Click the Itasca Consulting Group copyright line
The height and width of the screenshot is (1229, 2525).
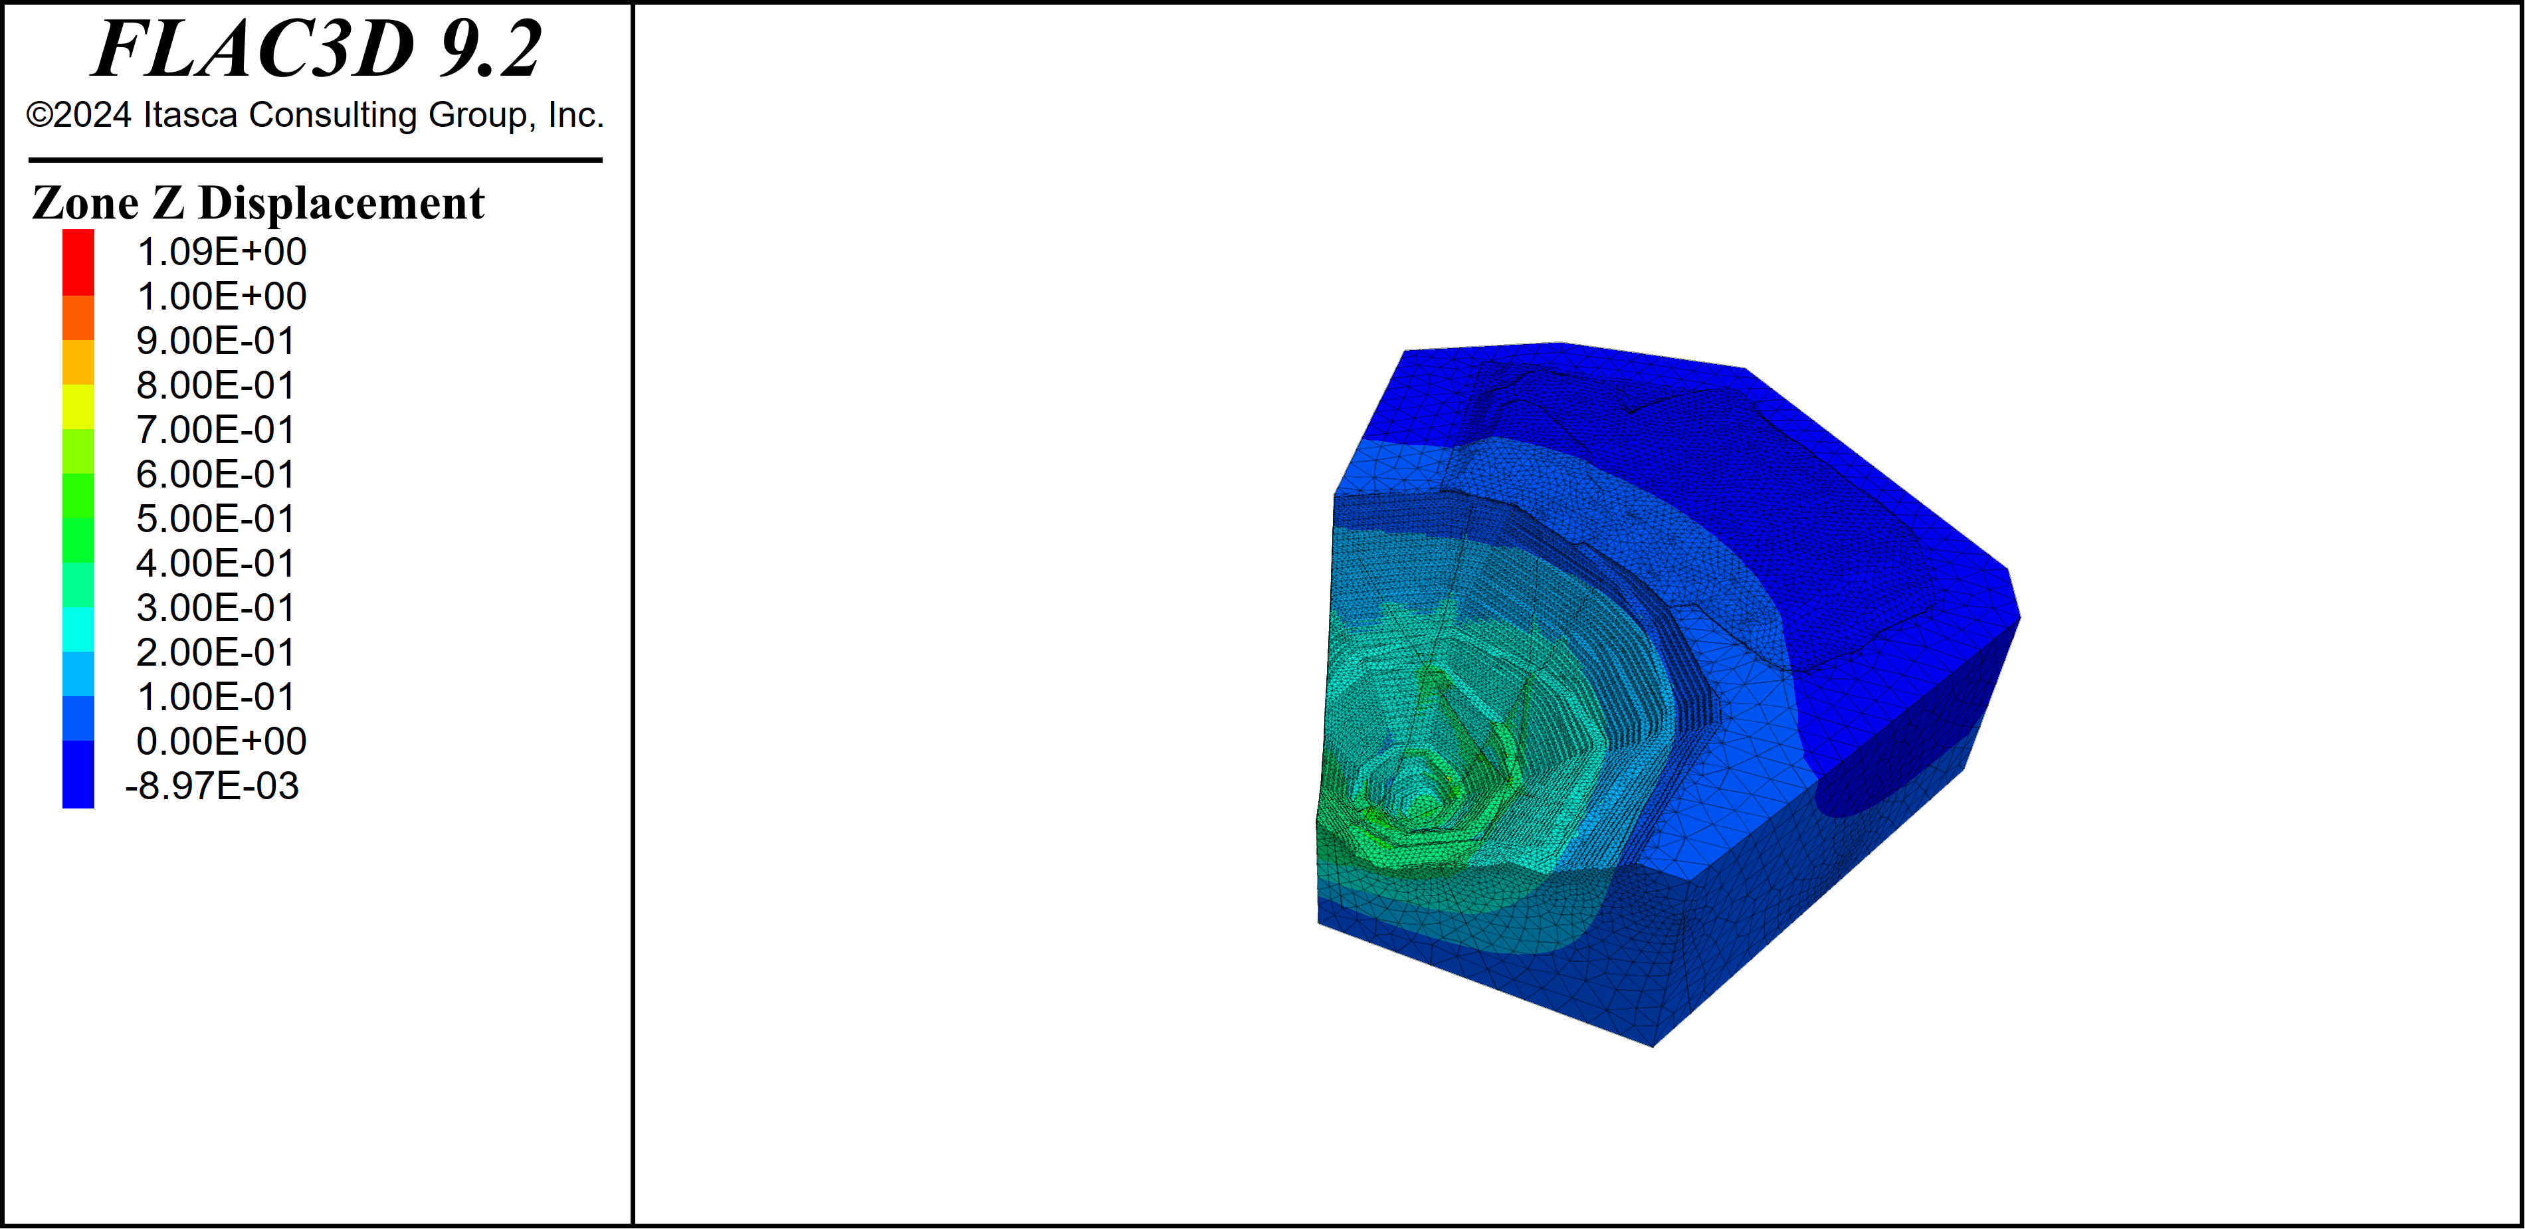315,115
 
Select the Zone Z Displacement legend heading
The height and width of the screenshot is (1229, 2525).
258,203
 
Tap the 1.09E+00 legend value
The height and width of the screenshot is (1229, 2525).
221,252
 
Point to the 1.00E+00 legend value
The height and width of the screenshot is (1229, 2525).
221,296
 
